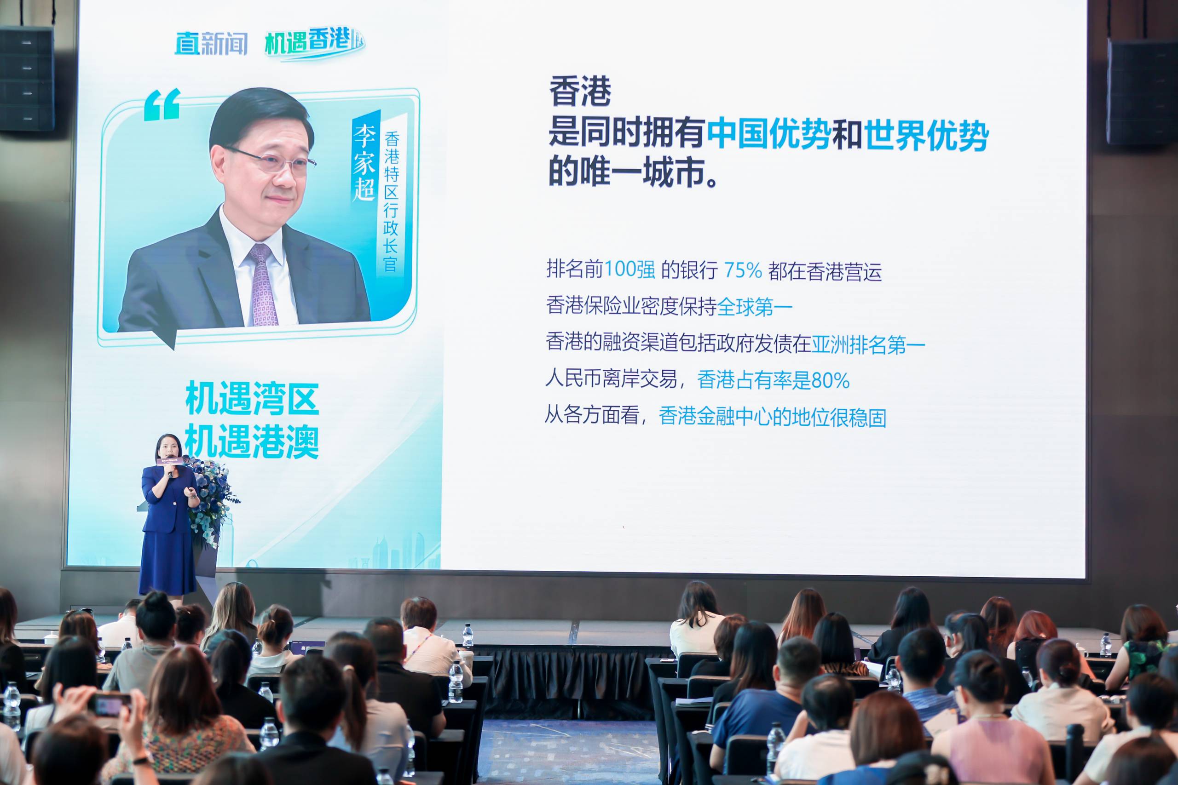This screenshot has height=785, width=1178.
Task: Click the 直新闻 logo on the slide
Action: click(211, 44)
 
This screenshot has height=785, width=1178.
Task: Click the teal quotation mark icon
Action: click(162, 105)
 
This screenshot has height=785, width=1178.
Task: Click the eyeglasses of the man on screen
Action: click(271, 159)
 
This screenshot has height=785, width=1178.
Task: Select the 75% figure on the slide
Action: click(743, 270)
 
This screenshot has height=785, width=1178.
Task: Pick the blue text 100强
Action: click(629, 270)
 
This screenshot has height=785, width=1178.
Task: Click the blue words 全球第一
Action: click(755, 307)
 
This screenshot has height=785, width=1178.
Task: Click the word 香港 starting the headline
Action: click(580, 92)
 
